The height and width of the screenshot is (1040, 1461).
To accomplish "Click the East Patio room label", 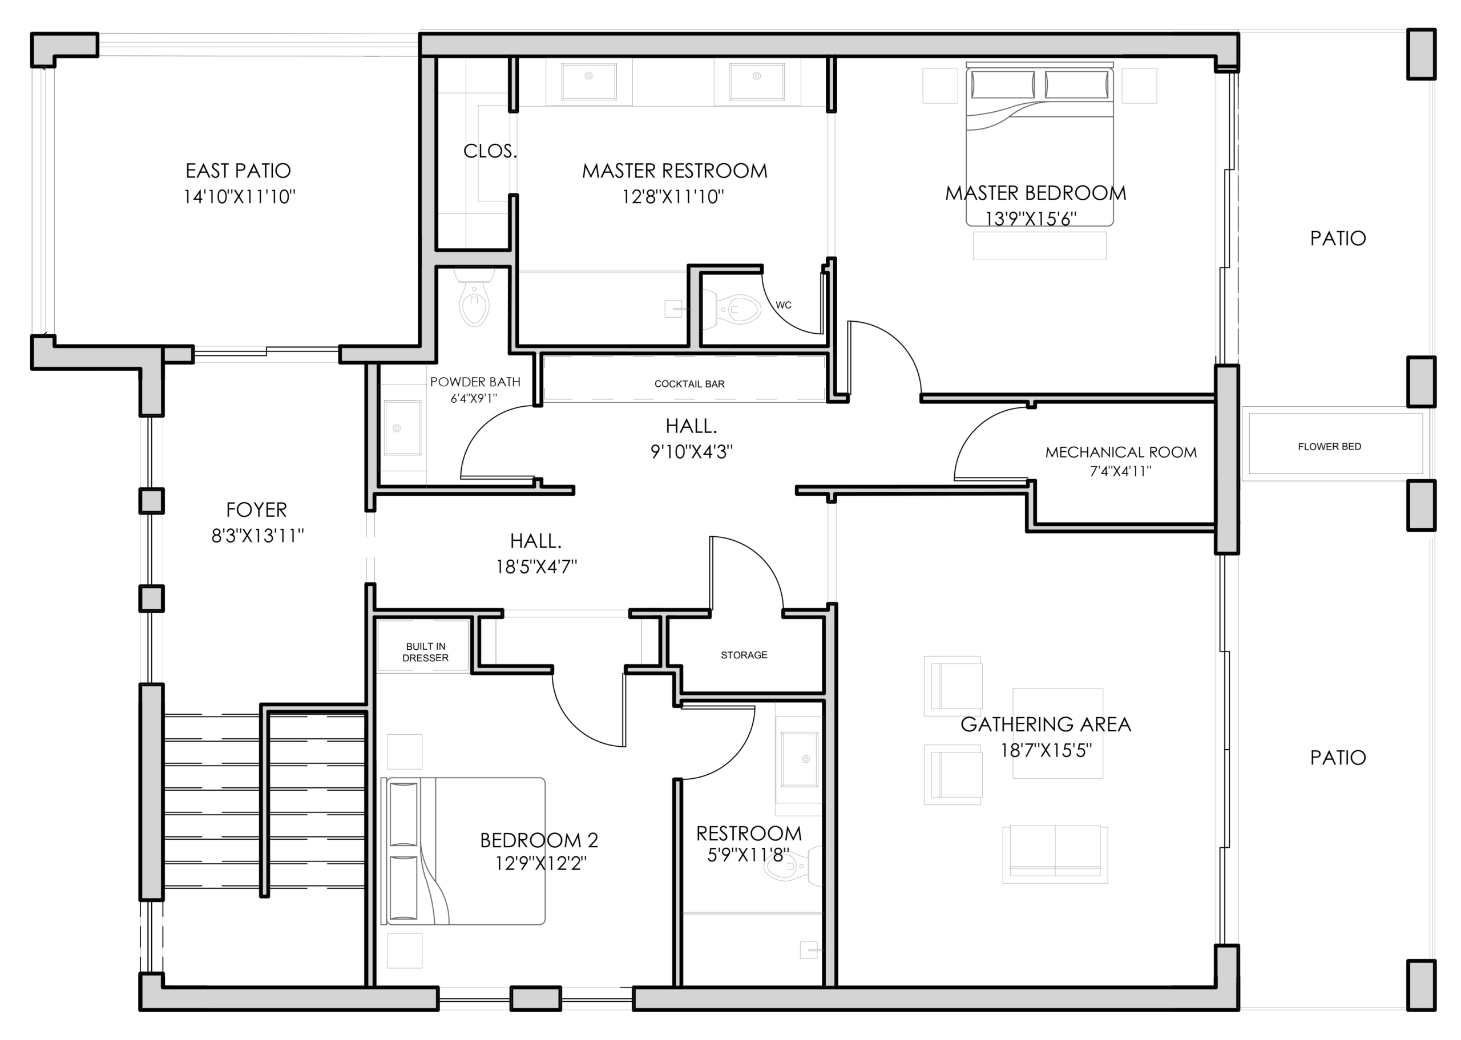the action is coord(239,171).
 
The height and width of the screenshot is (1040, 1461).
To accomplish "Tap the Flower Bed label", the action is coord(1329,446).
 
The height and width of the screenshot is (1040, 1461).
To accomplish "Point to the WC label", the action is coord(784,305).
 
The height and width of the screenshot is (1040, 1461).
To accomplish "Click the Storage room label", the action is coord(744,654).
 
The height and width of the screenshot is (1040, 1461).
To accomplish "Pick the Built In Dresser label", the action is coord(425,652).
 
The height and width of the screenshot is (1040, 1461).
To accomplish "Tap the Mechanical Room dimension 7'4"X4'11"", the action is coord(1120,471).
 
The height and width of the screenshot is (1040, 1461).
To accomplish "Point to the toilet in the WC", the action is coord(732,309).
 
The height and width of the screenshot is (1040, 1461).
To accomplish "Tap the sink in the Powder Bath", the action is coord(402,428).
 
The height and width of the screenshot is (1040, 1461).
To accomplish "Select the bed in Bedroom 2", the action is coord(463,851).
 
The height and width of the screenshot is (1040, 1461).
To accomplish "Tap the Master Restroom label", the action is coord(675,171).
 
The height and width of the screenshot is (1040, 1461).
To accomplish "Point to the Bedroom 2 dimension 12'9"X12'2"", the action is coord(540,864).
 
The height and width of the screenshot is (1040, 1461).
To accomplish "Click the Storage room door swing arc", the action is coord(761,556).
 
